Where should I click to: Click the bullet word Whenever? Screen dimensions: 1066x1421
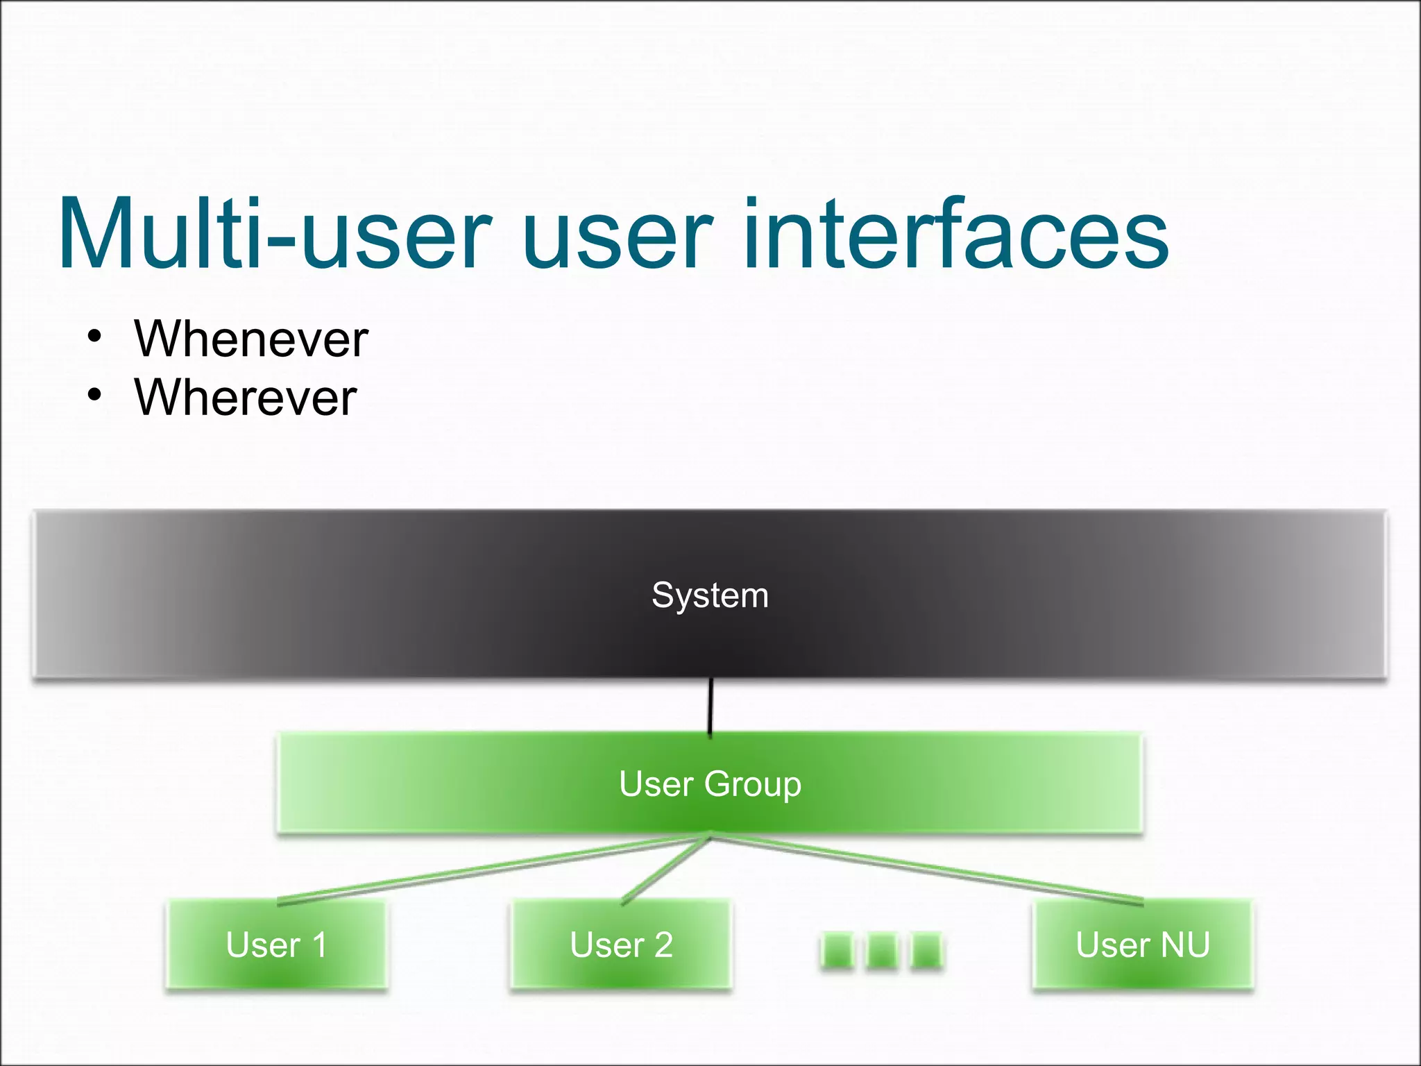[x=251, y=339]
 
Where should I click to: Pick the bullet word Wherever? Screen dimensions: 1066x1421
[x=246, y=398]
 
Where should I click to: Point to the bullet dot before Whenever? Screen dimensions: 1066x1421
[x=95, y=337]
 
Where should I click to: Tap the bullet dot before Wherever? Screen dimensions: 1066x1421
[x=95, y=396]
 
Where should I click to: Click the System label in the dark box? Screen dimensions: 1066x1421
[x=710, y=595]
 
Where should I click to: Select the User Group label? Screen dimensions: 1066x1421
[x=710, y=784]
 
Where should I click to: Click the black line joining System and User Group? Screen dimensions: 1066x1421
[x=710, y=707]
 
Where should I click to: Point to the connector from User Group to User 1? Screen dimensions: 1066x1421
[x=493, y=870]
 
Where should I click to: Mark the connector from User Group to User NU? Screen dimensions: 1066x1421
[x=926, y=869]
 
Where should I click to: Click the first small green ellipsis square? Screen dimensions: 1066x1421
[x=837, y=950]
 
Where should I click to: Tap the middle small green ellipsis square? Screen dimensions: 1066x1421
[x=882, y=950]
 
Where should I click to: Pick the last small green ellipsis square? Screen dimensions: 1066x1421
[x=926, y=950]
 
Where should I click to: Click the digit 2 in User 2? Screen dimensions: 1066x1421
[x=663, y=945]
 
